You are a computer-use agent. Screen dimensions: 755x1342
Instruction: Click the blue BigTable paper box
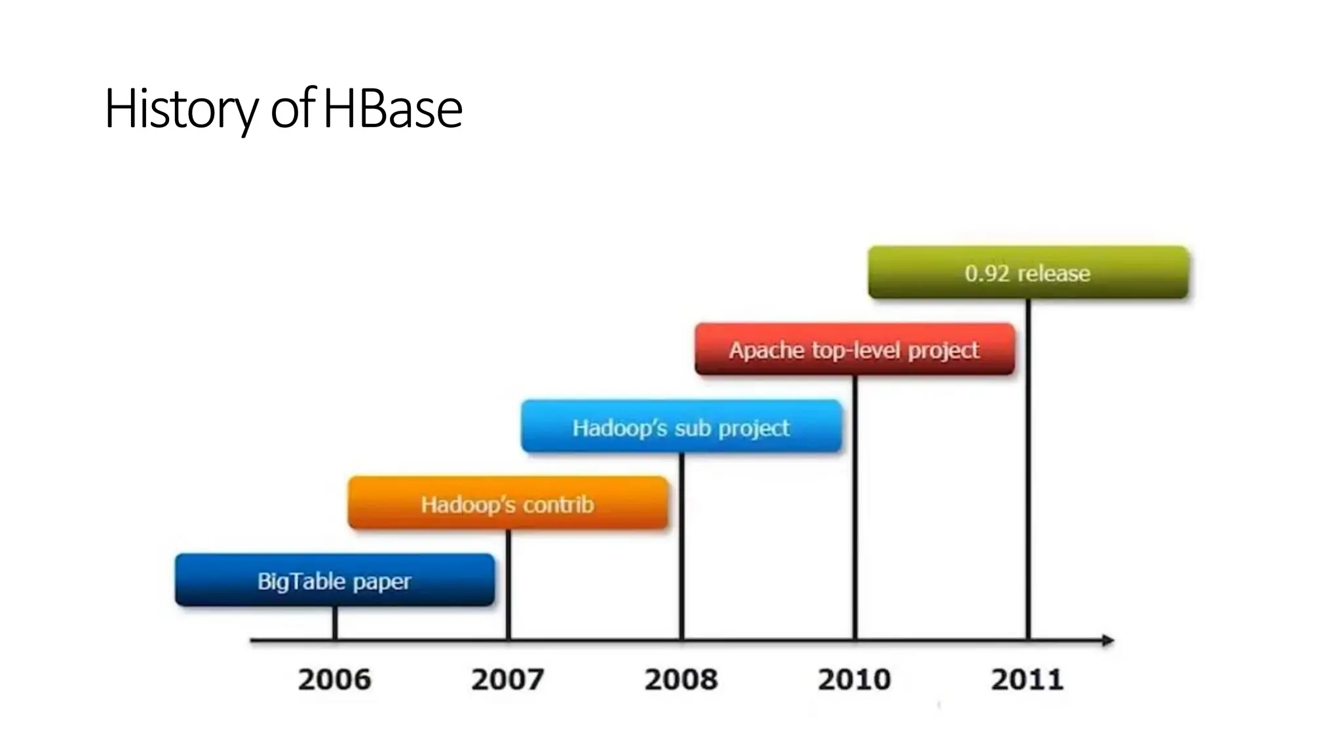click(x=335, y=580)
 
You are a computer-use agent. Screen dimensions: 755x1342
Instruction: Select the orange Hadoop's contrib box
click(x=508, y=503)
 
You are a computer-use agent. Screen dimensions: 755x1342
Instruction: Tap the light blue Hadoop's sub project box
click(x=681, y=427)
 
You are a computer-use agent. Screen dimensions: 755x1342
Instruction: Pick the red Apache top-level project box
click(x=854, y=349)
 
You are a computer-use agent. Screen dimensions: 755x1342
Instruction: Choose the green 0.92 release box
click(x=1027, y=273)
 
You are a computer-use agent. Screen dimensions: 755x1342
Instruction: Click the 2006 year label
click(x=334, y=679)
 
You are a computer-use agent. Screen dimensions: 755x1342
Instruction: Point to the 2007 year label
click(x=508, y=679)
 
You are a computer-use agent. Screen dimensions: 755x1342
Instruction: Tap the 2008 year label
click(x=681, y=679)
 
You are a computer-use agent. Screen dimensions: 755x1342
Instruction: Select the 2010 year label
click(x=854, y=679)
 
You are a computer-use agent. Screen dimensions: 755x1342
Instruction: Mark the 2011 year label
click(x=1027, y=679)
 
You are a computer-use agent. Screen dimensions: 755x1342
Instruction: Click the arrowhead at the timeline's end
click(x=1107, y=640)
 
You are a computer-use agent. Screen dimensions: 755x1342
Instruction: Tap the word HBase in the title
click(x=393, y=109)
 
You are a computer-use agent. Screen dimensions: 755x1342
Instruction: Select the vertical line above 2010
click(x=855, y=508)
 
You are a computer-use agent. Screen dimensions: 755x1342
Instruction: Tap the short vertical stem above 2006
click(x=335, y=623)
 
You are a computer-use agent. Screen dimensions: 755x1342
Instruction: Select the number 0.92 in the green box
click(x=987, y=273)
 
